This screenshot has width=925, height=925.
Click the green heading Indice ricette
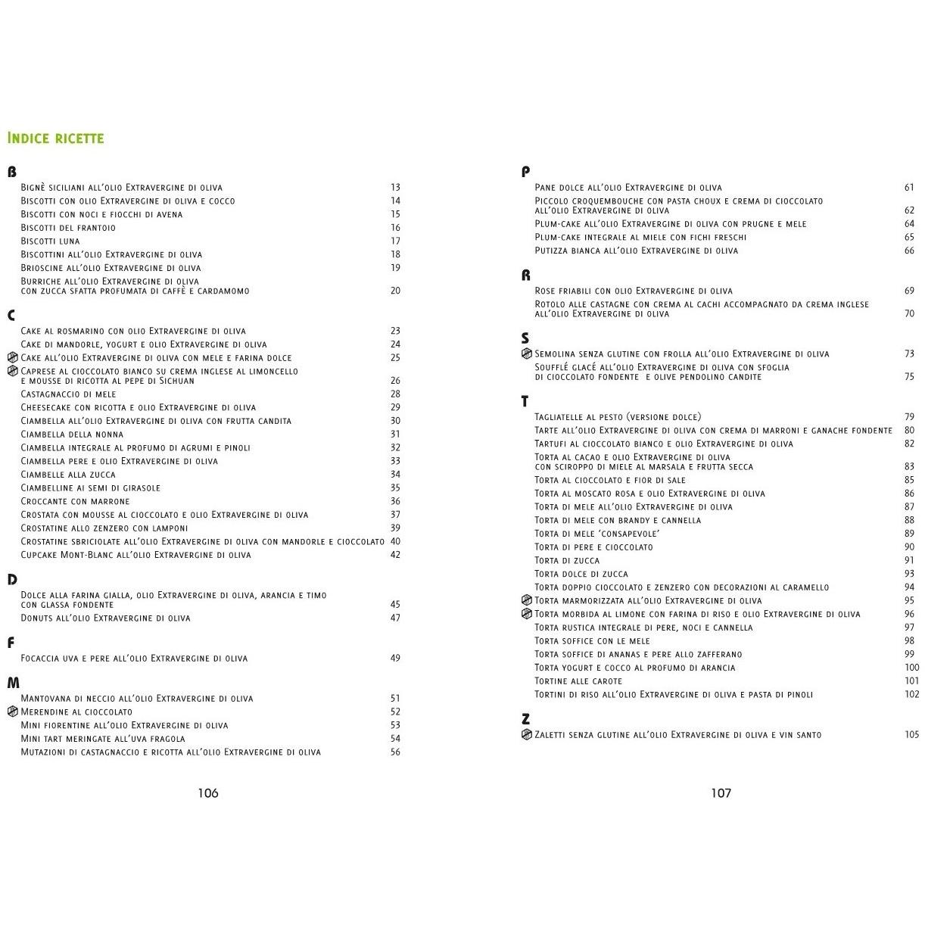[x=55, y=138]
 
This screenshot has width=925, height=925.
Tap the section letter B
[x=11, y=172]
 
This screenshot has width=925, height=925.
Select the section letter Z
[x=525, y=719]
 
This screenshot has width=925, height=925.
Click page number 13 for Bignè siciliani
[x=395, y=187]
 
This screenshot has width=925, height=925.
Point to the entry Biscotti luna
[x=50, y=241]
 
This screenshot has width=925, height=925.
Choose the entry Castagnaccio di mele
[x=69, y=394]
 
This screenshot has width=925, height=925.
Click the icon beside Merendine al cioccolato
[x=12, y=712]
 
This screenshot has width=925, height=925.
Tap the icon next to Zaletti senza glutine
[x=527, y=734]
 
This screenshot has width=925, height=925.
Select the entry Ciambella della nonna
[x=72, y=434]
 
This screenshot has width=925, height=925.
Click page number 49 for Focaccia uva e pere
[x=395, y=658]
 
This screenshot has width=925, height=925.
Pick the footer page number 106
[x=208, y=793]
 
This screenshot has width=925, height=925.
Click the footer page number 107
[x=721, y=793]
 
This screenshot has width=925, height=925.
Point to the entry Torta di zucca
[x=567, y=560]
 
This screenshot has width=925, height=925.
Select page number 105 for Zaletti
[x=911, y=734]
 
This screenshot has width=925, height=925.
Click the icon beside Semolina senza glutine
[x=527, y=353]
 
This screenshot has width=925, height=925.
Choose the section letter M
[x=13, y=683]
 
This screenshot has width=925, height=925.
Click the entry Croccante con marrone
[x=76, y=501]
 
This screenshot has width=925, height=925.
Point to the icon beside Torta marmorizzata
[x=527, y=600]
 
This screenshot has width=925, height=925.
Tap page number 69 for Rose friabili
[x=909, y=291]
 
